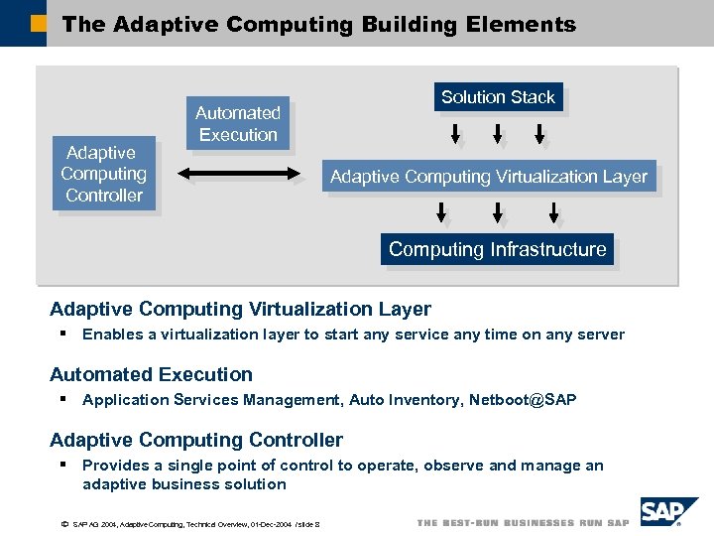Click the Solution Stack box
pyautogui.click(x=498, y=97)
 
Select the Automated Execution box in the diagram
pyautogui.click(x=238, y=124)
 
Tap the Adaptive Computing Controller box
pyautogui.click(x=104, y=174)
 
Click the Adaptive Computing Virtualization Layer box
pyautogui.click(x=488, y=177)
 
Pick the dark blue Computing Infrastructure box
pyautogui.click(x=497, y=249)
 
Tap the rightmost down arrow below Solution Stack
pyautogui.click(x=540, y=134)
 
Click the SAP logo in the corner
pyautogui.click(x=668, y=512)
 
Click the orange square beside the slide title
pyautogui.click(x=39, y=23)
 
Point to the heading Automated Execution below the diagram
pyautogui.click(x=151, y=374)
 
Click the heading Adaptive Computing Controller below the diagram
pyautogui.click(x=196, y=440)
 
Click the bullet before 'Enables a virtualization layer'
pyautogui.click(x=62, y=334)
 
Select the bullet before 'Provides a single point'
pyautogui.click(x=62, y=465)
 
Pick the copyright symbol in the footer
pyautogui.click(x=63, y=523)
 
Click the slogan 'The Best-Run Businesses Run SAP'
pyautogui.click(x=523, y=523)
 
